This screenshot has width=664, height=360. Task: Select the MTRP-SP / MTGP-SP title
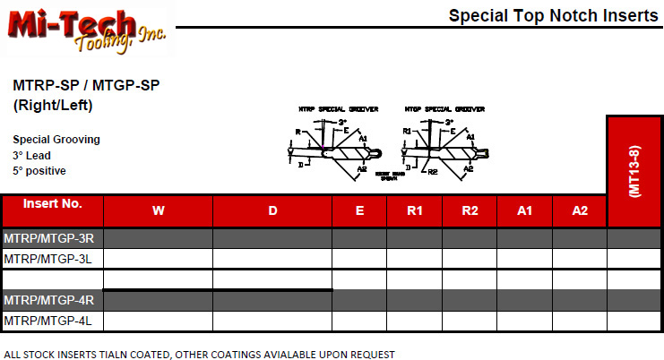coord(87,86)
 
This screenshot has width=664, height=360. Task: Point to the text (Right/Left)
coord(53,105)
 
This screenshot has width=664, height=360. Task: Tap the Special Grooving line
coord(56,140)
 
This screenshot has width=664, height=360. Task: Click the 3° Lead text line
coord(34,155)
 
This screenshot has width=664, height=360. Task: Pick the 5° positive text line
coord(39,170)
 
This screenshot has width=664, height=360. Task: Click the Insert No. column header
coord(52,203)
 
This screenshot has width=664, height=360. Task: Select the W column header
coord(159,211)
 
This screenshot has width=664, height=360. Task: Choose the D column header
coord(272,211)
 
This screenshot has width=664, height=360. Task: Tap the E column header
coord(359,211)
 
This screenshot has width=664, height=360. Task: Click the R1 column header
coord(415,211)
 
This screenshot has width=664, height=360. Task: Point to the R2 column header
coord(470,211)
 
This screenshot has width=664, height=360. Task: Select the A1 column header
coord(525,211)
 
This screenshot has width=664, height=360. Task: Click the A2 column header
coord(580,211)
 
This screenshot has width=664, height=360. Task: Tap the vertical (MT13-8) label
coord(634,170)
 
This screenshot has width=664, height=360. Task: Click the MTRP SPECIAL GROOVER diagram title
coord(339,108)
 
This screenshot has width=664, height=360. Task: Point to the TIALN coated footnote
coord(199,354)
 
